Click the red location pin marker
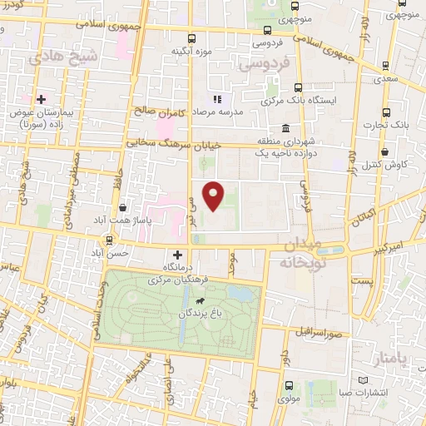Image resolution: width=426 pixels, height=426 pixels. point(215,196)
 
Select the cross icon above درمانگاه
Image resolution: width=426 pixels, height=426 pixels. point(176,255)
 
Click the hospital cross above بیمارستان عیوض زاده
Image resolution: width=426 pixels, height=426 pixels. point(40,99)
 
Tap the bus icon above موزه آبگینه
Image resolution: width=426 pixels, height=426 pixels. point(192,37)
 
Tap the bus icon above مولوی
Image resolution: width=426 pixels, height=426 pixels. point(289,385)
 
